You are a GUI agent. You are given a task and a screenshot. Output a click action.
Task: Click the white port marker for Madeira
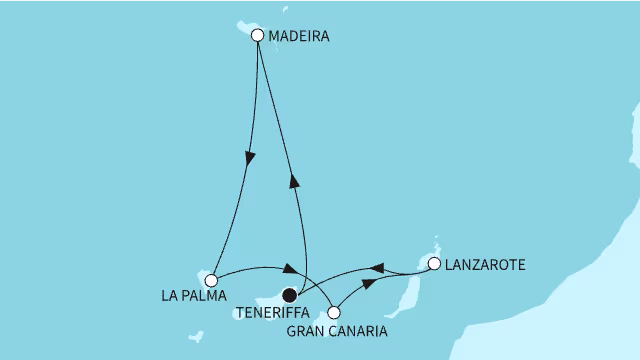point(258,36)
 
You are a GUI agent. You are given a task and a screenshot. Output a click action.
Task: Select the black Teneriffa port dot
point(290,295)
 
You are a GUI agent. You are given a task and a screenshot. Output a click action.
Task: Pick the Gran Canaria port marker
point(334,312)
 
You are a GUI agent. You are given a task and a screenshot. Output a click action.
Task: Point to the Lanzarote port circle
point(434,264)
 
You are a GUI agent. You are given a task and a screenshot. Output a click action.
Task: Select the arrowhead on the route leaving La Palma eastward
point(288,269)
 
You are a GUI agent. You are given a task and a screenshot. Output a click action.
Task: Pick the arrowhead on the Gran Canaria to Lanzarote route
point(370,284)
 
